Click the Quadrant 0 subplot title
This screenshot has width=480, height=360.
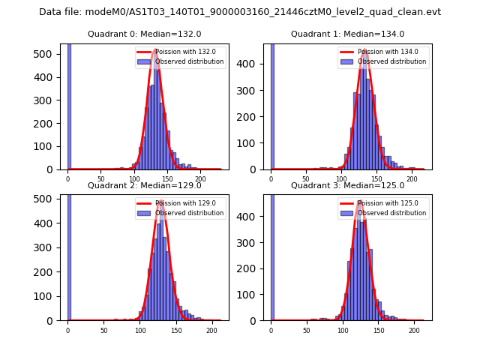(x=144, y=34)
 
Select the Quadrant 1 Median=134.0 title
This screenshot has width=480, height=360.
(x=347, y=34)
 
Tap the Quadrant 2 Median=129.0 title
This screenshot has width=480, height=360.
(x=144, y=185)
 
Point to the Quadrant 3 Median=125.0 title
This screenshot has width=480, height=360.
(x=347, y=185)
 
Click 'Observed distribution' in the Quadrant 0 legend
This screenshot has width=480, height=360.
(x=189, y=61)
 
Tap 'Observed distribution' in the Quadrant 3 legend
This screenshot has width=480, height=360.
(x=391, y=213)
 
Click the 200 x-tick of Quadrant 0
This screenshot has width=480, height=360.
(x=200, y=178)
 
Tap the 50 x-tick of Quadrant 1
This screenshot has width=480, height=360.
(x=306, y=178)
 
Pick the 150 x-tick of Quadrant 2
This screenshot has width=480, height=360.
(x=176, y=330)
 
